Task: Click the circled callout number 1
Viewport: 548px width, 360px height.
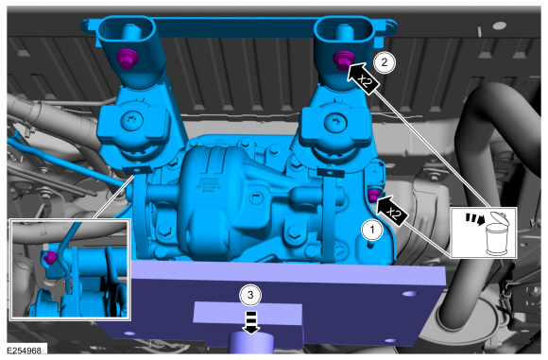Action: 372,230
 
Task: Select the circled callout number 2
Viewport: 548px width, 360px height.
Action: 385,62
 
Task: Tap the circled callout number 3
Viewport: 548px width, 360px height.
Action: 250,295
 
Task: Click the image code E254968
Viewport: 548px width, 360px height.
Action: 24,350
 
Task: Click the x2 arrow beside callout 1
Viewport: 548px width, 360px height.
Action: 391,211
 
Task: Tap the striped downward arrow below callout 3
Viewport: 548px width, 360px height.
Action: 251,322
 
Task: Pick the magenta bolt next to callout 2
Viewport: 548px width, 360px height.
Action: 342,60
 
